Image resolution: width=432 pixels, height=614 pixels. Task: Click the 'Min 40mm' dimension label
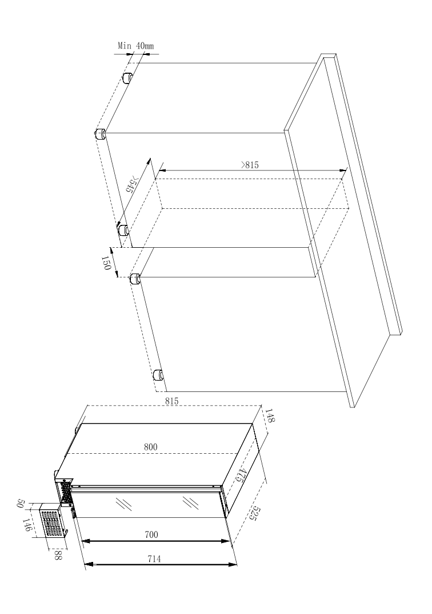(136, 45)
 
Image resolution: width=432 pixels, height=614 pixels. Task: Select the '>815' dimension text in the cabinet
(250, 165)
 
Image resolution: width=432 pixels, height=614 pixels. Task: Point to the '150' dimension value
(106, 263)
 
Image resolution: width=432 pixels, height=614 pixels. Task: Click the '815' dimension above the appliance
(171, 401)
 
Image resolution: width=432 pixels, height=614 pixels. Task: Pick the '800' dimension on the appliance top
(150, 447)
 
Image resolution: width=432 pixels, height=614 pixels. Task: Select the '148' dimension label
(270, 416)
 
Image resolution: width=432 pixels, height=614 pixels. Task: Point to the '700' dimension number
(151, 534)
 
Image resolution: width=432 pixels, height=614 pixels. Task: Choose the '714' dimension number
(154, 559)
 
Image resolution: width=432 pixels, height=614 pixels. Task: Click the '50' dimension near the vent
(21, 504)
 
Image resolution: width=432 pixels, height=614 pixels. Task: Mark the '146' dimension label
(26, 525)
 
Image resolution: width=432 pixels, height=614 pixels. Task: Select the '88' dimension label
(58, 555)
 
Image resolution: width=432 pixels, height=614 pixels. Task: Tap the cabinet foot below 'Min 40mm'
(127, 78)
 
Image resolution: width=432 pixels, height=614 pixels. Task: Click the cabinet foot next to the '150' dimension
(135, 280)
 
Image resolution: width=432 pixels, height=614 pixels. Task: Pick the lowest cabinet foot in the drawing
(158, 375)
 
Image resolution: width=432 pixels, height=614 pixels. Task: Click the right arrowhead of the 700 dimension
(226, 541)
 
